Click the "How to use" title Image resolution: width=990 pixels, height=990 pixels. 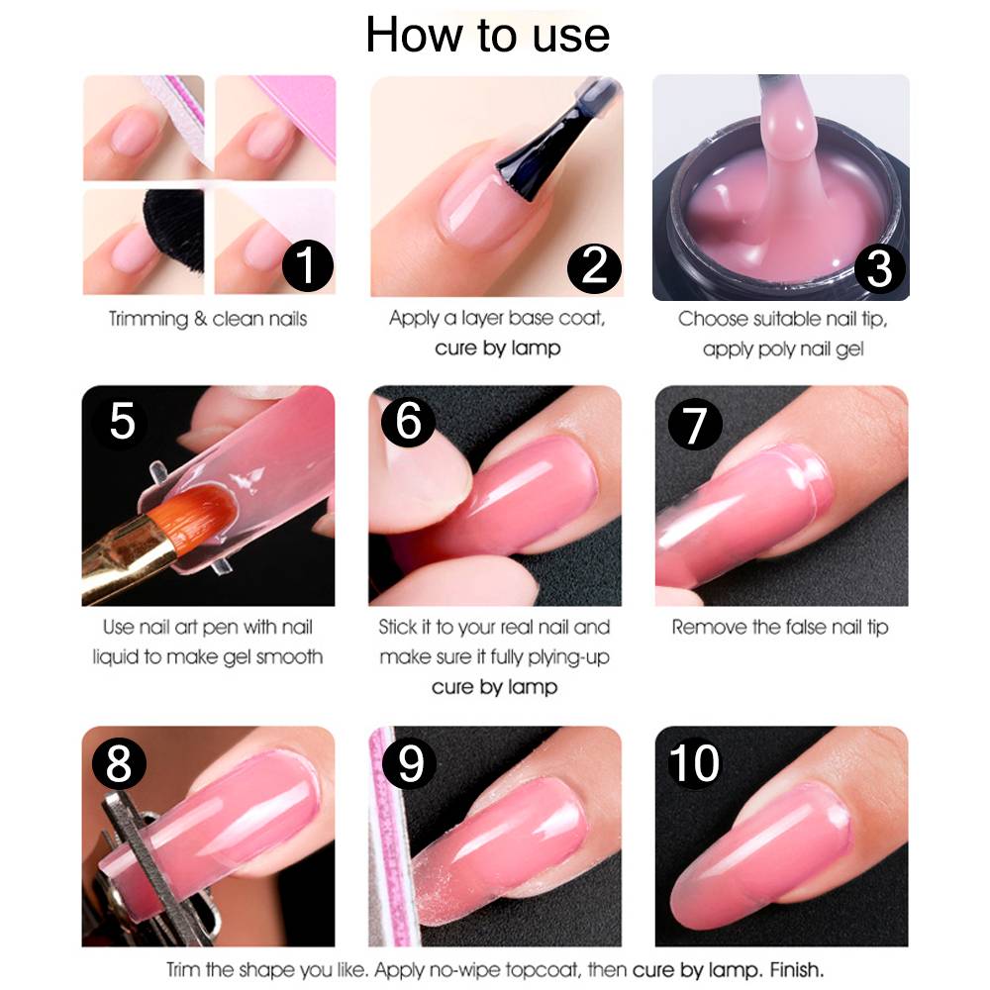coord(487,36)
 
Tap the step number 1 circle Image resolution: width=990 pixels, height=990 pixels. coord(308,265)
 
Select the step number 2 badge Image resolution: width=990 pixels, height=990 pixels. coord(594,267)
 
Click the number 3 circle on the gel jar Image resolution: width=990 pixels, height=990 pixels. coord(879,268)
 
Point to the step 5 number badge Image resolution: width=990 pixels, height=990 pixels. coord(122,421)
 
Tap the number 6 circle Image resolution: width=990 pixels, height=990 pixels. coord(409,421)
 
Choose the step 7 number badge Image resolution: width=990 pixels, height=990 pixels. coord(695,424)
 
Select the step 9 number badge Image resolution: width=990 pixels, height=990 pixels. coord(409,763)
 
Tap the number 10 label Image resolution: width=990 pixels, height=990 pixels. coord(694,763)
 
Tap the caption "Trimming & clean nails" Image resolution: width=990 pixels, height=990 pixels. coord(208,319)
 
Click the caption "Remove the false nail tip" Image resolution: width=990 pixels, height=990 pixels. coord(780,627)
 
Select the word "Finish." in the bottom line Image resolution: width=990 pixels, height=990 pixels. coord(796,970)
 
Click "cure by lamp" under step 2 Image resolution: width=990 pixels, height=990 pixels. coord(498,347)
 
